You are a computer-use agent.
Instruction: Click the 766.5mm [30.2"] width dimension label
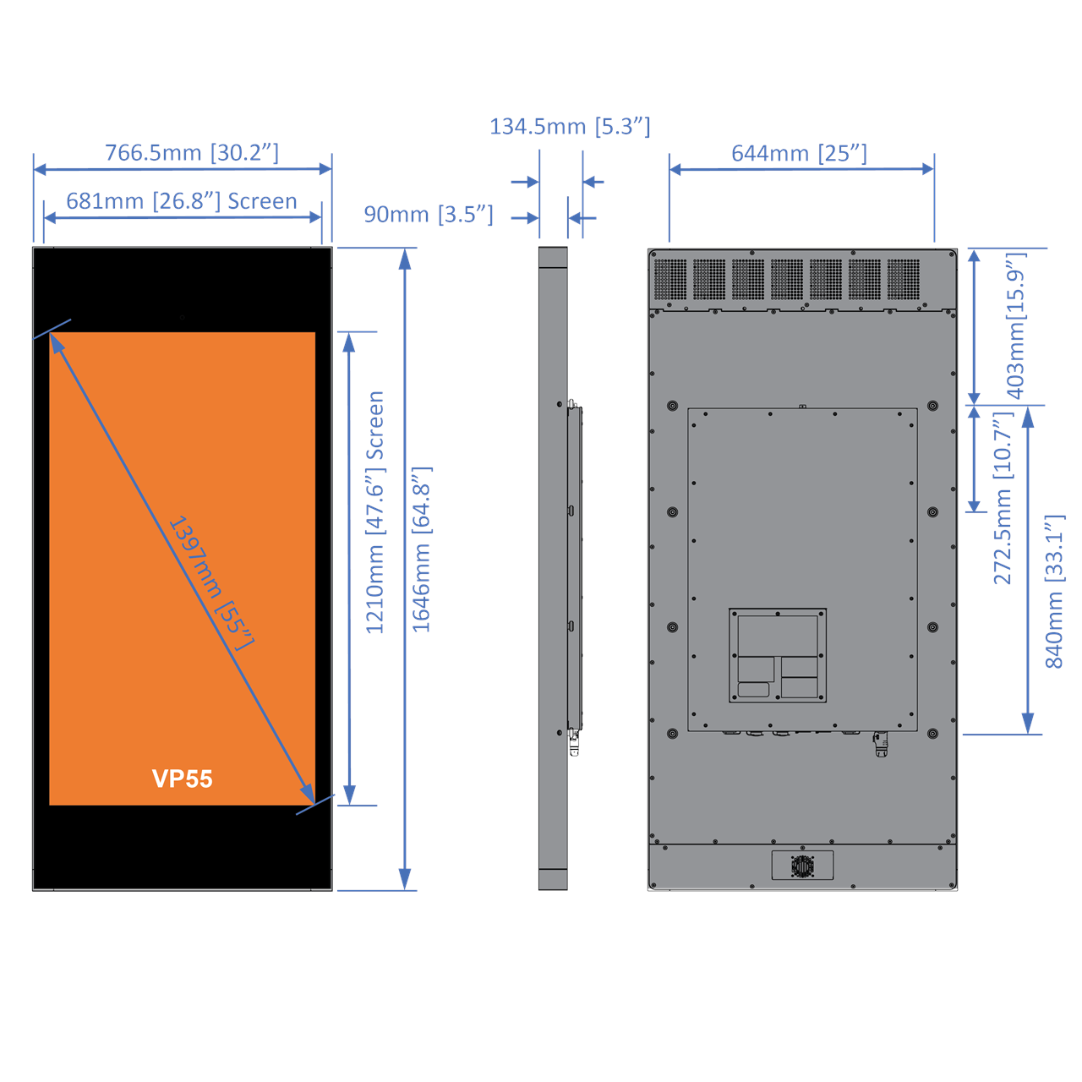[x=192, y=153]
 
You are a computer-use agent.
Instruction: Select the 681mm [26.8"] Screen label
[x=182, y=201]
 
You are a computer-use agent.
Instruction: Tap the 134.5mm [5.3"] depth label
[x=570, y=127]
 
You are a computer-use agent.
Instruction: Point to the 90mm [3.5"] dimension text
[x=429, y=215]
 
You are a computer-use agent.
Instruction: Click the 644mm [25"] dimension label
[x=799, y=154]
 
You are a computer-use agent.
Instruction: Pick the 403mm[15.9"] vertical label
[x=1015, y=325]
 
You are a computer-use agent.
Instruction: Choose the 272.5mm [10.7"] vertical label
[x=1003, y=499]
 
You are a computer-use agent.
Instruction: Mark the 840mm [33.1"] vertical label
[x=1054, y=592]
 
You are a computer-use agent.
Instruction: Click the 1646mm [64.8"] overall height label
[x=421, y=549]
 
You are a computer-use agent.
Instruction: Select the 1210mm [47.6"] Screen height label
[x=374, y=512]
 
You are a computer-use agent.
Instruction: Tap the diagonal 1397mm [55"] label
[x=210, y=583]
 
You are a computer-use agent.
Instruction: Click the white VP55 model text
[x=183, y=779]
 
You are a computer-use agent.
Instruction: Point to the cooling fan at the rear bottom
[x=802, y=866]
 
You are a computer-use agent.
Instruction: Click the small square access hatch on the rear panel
[x=778, y=655]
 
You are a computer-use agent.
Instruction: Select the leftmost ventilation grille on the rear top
[x=670, y=280]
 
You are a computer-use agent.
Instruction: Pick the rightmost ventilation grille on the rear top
[x=904, y=280]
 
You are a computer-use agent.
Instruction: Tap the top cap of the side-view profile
[x=553, y=257]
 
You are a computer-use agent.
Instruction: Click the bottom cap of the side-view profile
[x=553, y=879]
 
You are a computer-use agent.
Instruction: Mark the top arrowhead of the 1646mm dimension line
[x=406, y=258]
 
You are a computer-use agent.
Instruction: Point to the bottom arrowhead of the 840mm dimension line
[x=1028, y=724]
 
